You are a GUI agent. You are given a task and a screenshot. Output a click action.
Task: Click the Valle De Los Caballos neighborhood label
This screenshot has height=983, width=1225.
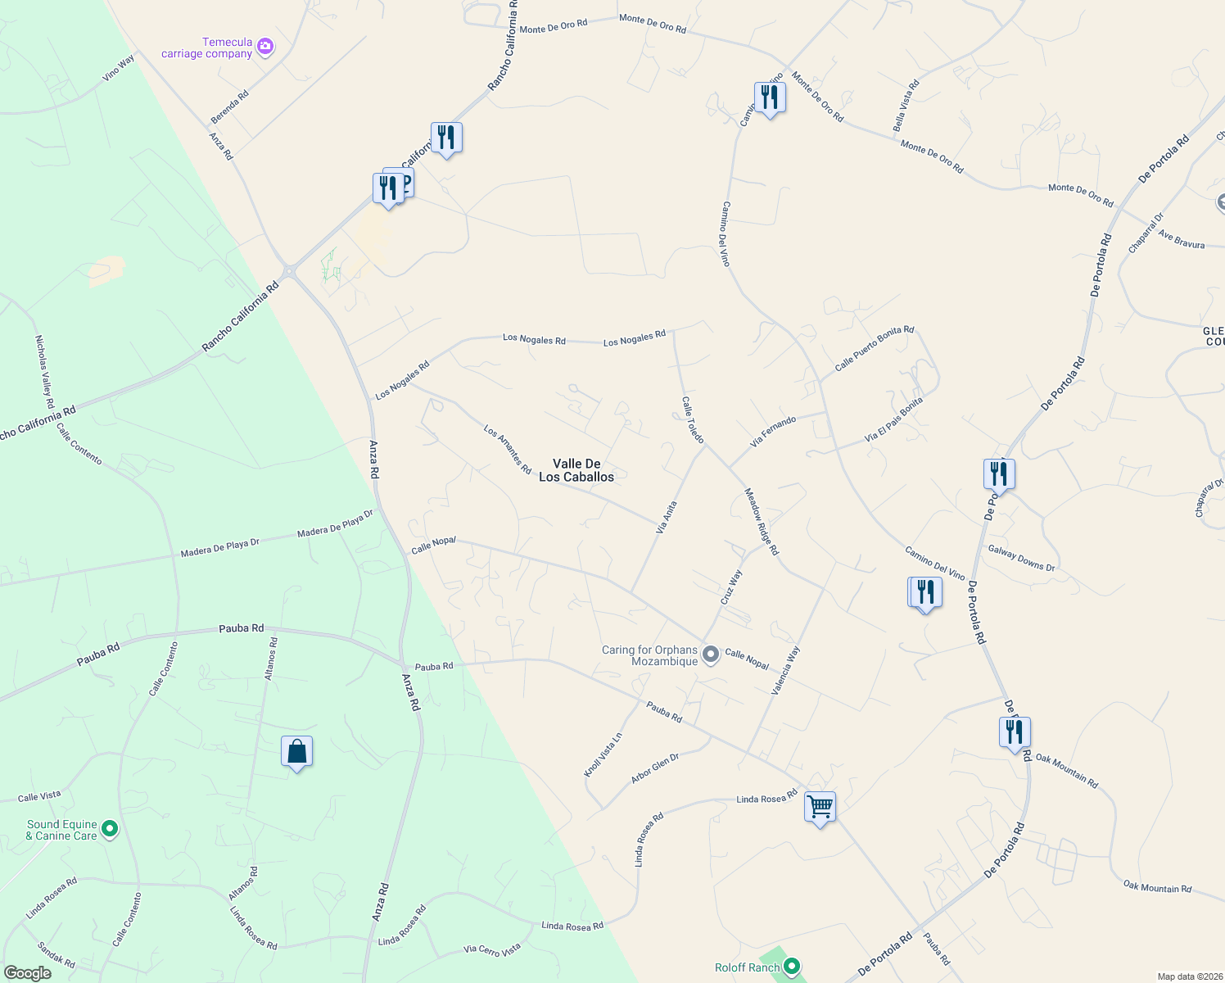pyautogui.click(x=576, y=470)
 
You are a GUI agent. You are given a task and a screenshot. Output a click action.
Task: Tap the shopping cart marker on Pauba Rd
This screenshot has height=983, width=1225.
pyautogui.click(x=820, y=807)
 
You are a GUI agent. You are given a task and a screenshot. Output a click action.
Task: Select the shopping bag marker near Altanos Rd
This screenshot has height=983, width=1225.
pyautogui.click(x=296, y=752)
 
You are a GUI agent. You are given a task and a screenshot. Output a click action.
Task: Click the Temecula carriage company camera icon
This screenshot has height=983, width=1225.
pyautogui.click(x=264, y=47)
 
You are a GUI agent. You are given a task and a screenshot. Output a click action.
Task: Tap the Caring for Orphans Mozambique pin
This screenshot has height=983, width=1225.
pyautogui.click(x=711, y=654)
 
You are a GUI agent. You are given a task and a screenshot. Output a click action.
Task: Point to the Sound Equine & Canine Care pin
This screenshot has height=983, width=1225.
pyautogui.click(x=110, y=829)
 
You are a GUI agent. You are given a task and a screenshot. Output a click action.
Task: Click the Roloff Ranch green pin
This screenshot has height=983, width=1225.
pyautogui.click(x=792, y=967)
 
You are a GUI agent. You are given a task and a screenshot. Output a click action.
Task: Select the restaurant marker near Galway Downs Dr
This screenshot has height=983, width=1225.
pyautogui.click(x=999, y=474)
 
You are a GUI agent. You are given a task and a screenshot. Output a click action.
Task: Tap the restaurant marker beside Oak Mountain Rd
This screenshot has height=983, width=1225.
pyautogui.click(x=1015, y=732)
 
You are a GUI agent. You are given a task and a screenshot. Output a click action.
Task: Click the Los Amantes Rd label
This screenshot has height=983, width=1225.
pyautogui.click(x=507, y=449)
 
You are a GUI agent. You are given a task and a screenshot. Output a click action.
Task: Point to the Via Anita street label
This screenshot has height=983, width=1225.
pyautogui.click(x=667, y=518)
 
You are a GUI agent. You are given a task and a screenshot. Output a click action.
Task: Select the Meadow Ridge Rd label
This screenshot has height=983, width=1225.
pyautogui.click(x=761, y=521)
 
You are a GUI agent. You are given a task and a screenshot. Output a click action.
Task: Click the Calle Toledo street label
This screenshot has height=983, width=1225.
pyautogui.click(x=693, y=419)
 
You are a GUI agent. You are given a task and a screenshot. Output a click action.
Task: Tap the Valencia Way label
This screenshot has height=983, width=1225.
pyautogui.click(x=785, y=671)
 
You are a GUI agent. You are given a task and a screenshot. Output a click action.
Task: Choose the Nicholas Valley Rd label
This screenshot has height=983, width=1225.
pyautogui.click(x=44, y=372)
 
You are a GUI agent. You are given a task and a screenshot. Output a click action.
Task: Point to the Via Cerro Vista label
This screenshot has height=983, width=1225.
pyautogui.click(x=492, y=949)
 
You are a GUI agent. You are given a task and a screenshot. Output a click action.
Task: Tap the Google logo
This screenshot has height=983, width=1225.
pyautogui.click(x=27, y=973)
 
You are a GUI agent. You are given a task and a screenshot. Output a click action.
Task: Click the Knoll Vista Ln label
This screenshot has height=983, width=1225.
pyautogui.click(x=603, y=754)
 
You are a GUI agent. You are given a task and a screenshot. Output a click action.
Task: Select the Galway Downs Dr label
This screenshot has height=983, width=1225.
pyautogui.click(x=1021, y=558)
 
